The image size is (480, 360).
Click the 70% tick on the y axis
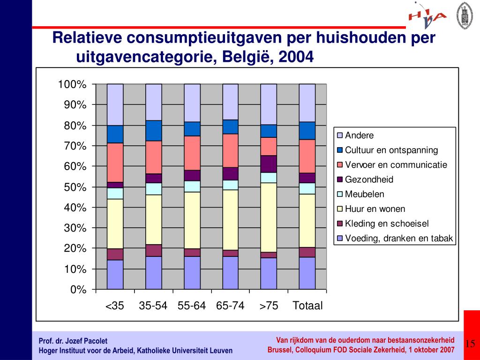pyautogui.click(x=75, y=146)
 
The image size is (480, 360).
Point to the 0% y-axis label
pyautogui.click(x=78, y=290)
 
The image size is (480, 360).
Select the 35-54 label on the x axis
pyautogui.click(x=153, y=306)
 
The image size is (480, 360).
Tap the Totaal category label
pyautogui.click(x=307, y=306)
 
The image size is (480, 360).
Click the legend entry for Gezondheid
pyautogui.click(x=369, y=180)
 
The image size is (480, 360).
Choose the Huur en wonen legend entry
pyautogui.click(x=375, y=209)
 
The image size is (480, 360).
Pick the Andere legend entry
pyautogui.click(x=359, y=136)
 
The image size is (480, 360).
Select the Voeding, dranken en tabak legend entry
pyautogui.click(x=399, y=238)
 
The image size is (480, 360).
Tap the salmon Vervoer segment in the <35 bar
pyautogui.click(x=115, y=162)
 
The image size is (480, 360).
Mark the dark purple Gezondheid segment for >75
pyautogui.click(x=269, y=164)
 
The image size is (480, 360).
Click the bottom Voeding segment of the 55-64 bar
pyautogui.click(x=192, y=272)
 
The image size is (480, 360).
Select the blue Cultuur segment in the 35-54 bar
pyautogui.click(x=153, y=130)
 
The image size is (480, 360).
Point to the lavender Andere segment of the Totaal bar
pyautogui.click(x=307, y=103)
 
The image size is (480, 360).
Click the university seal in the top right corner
pyautogui.click(x=464, y=14)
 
